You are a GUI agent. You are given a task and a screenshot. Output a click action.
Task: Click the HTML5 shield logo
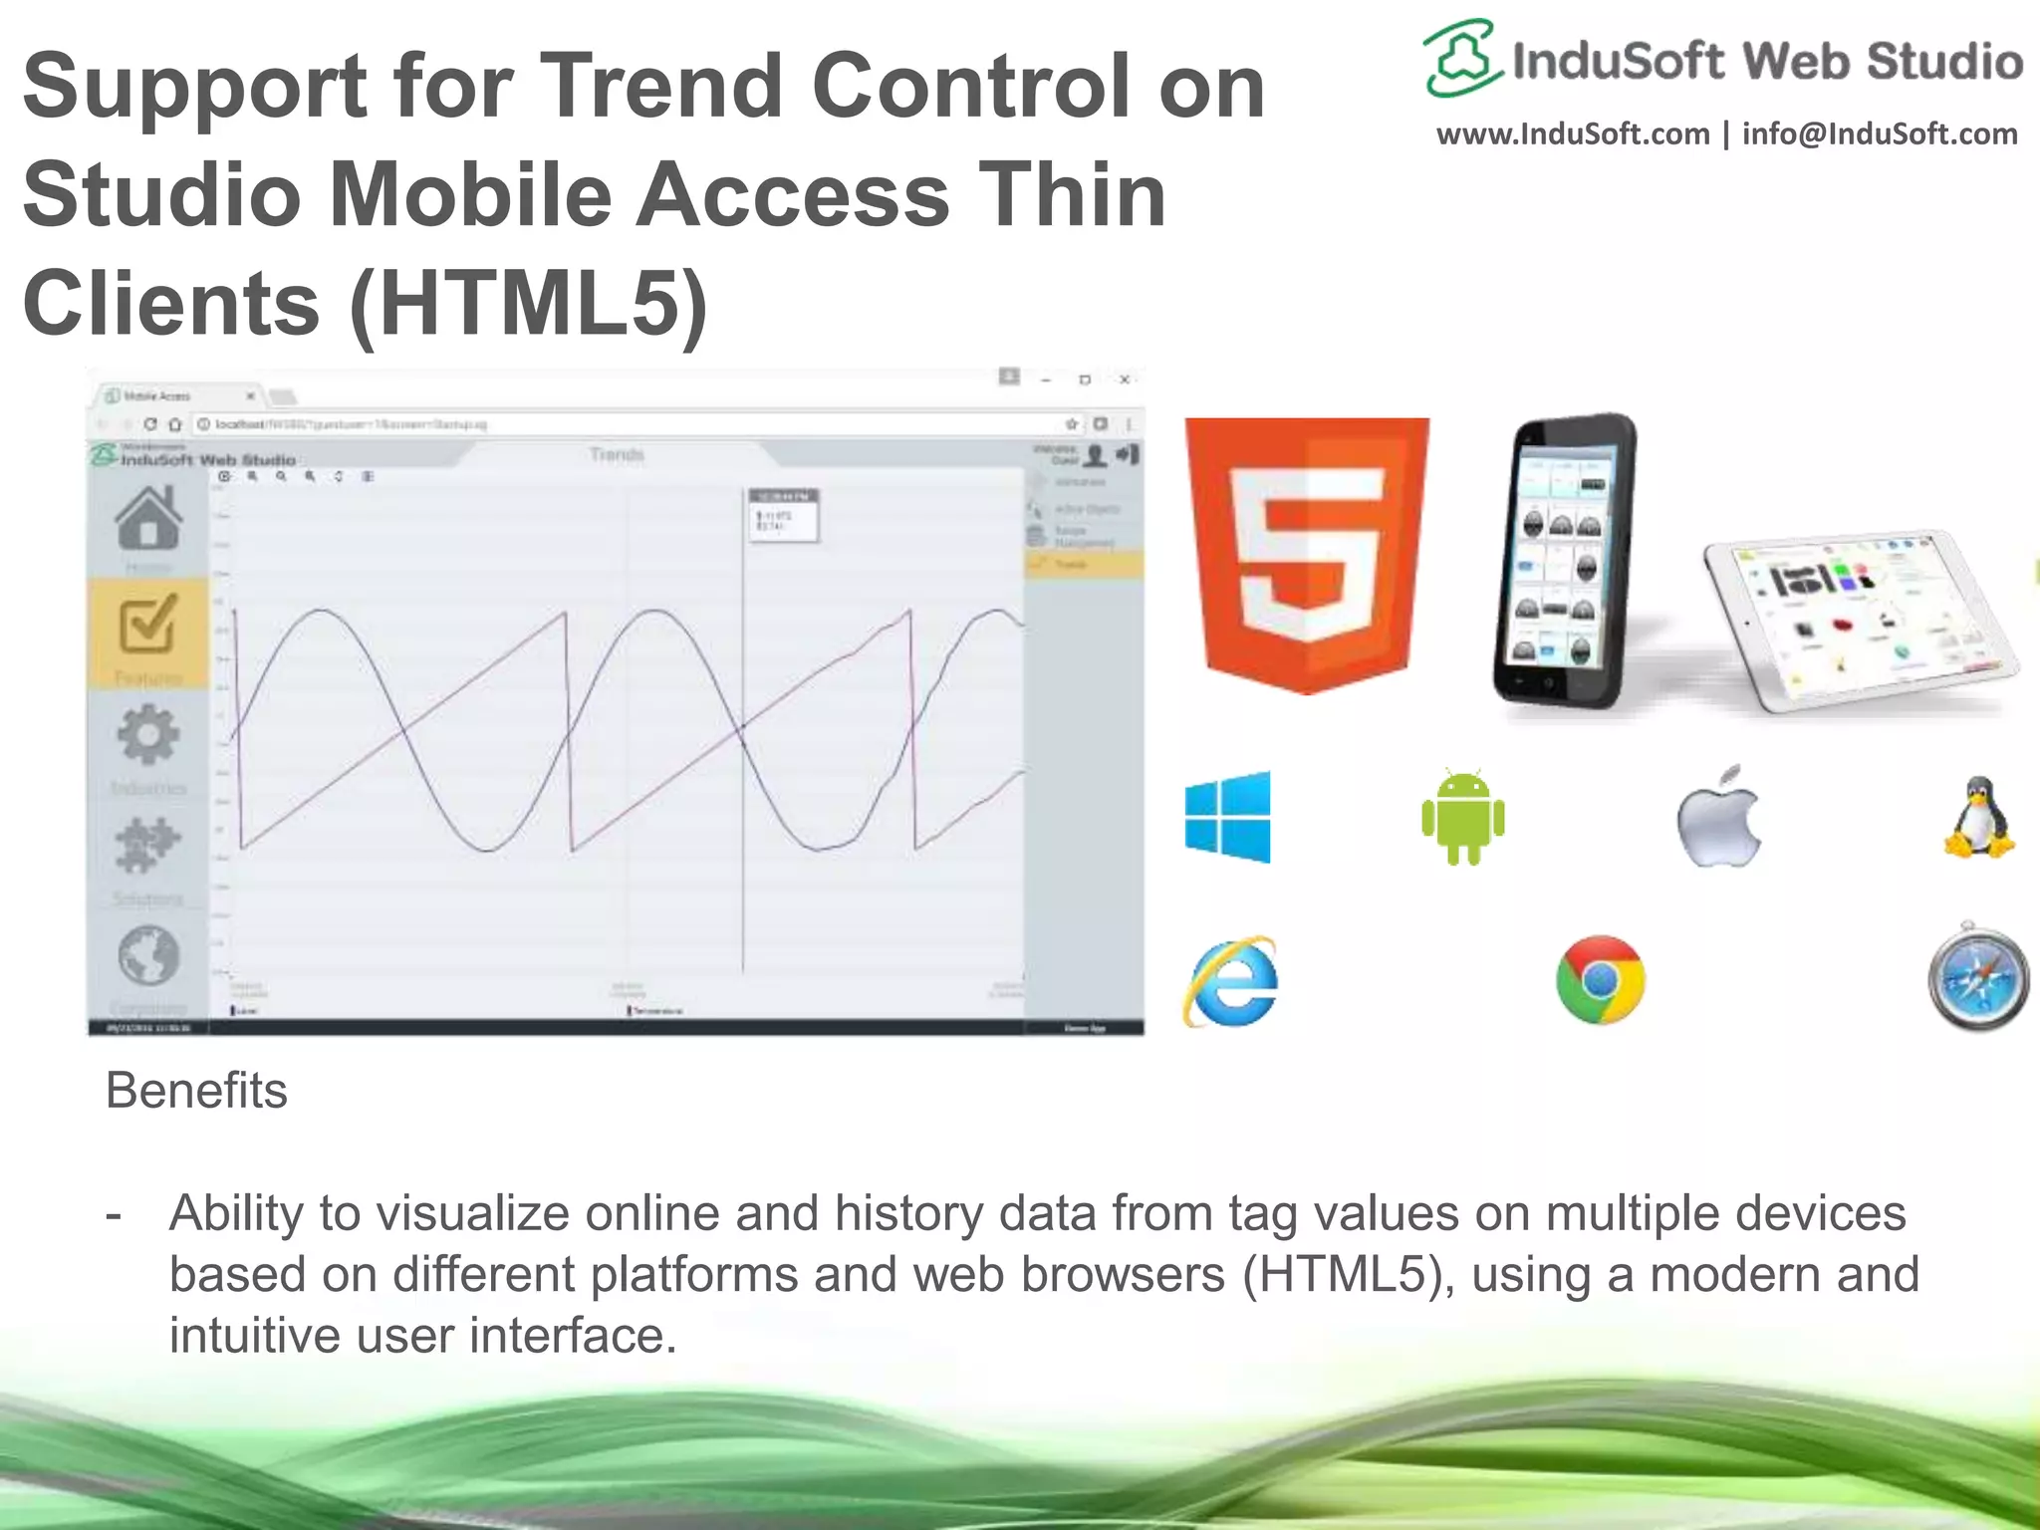tap(1307, 554)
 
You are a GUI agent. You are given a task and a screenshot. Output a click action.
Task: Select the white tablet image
tap(1859, 623)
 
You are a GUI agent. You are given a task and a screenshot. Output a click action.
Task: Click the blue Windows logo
tap(1228, 817)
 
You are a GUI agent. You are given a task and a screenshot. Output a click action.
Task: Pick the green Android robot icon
tap(1462, 817)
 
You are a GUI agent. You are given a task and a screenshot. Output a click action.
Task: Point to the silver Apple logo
tap(1718, 817)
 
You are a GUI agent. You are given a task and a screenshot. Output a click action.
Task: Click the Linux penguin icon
tap(1979, 819)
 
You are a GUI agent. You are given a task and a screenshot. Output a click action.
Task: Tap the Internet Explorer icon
tap(1231, 981)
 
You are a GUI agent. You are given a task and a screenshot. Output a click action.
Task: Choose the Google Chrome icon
tap(1600, 980)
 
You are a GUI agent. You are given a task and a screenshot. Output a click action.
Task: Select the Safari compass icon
tap(1978, 977)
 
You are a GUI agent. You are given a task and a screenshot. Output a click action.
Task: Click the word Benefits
tap(196, 1091)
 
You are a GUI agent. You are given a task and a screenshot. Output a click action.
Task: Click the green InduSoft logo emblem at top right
tap(1460, 58)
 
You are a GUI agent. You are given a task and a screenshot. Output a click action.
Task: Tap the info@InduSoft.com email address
tap(1880, 134)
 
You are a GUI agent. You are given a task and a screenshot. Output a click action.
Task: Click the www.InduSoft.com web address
tap(1572, 134)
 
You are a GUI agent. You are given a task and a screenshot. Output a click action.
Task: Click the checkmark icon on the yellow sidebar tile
tap(148, 625)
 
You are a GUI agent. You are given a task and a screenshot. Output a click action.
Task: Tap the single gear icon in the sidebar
tap(148, 735)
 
